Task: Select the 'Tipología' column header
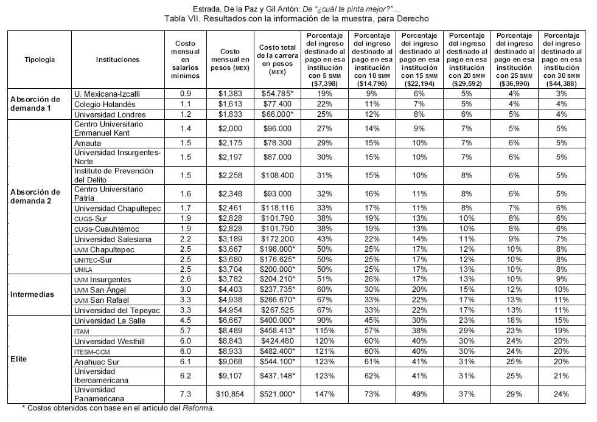40,60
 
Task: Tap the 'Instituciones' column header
117,60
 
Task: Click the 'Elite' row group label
18,359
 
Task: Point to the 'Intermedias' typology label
32,294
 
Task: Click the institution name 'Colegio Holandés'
102,105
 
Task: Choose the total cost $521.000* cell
277,394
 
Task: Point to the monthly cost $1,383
230,94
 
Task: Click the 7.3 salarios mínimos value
185,394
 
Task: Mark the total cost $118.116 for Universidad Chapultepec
276,208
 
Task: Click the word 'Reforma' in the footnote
200,407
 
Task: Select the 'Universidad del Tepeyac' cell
117,309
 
